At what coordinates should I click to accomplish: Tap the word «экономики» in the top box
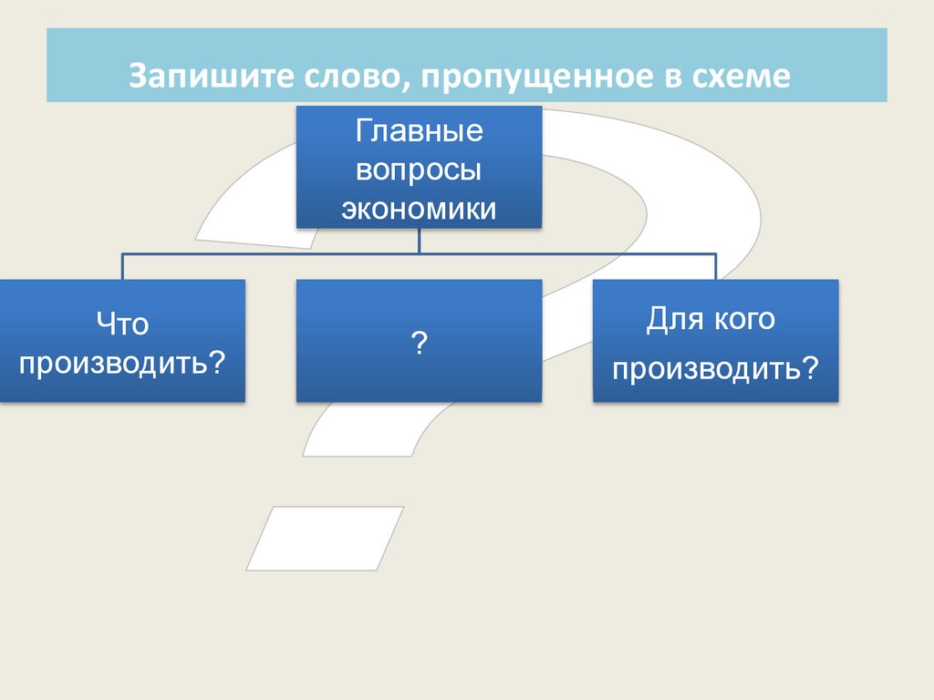(419, 209)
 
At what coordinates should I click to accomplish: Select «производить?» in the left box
(122, 362)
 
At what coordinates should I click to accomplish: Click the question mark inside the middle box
(420, 343)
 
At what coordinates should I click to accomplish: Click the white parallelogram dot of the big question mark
(325, 538)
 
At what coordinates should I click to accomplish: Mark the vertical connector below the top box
(419, 240)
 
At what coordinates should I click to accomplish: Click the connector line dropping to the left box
(123, 266)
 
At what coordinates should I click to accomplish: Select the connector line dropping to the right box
(716, 266)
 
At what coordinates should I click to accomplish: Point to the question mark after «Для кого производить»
(809, 369)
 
